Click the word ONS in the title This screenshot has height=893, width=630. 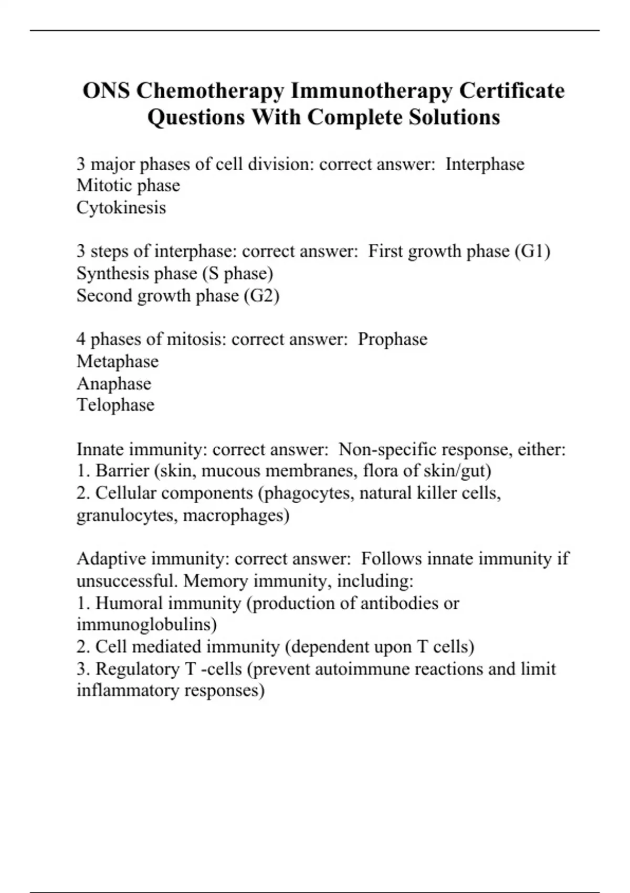(107, 91)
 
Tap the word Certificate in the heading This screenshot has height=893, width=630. (512, 91)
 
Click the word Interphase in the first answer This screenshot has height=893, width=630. (485, 164)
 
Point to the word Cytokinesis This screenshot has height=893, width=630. (121, 207)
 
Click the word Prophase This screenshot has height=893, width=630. (392, 339)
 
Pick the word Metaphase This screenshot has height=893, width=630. (117, 361)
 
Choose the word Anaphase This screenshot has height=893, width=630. (113, 383)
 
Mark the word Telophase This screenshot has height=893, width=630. (115, 405)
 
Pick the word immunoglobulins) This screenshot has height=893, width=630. (146, 625)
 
